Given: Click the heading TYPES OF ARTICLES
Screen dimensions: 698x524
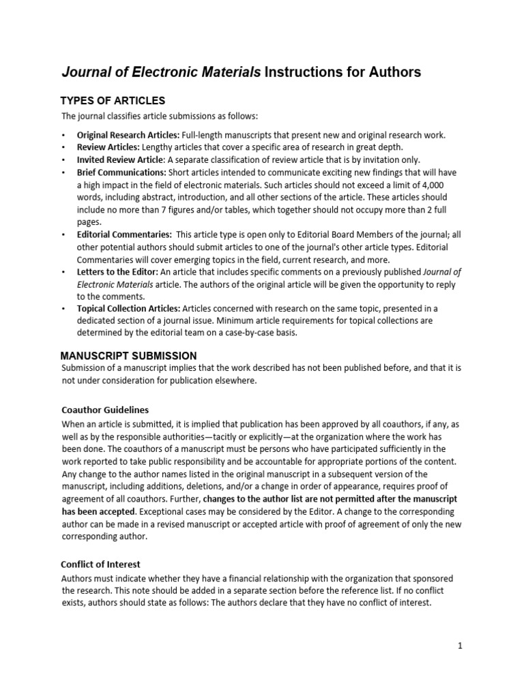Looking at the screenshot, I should (x=113, y=101).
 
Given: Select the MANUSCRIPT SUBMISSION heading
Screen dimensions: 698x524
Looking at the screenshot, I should (x=128, y=356).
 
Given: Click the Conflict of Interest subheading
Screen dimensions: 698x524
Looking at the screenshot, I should (x=101, y=564).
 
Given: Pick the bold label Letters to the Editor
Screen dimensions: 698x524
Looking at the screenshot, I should (x=117, y=271).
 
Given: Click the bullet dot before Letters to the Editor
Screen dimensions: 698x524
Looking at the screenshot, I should (x=63, y=271).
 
